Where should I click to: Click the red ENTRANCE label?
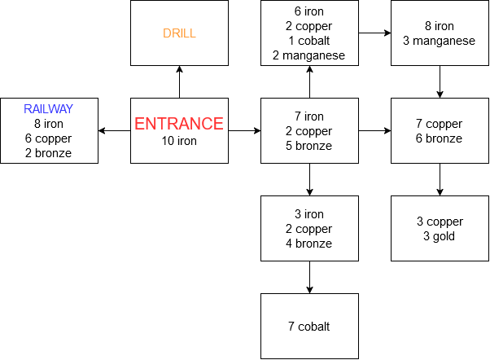[x=179, y=124]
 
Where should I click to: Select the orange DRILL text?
[x=179, y=33]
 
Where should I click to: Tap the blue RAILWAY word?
[x=49, y=109]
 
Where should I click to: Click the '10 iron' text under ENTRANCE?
[x=179, y=142]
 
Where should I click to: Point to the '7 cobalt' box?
[x=309, y=327]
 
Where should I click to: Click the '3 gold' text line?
[x=440, y=236]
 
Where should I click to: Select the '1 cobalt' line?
[x=309, y=41]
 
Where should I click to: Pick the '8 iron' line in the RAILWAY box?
[x=49, y=124]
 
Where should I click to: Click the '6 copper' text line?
[x=49, y=138]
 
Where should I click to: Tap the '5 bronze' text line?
[x=309, y=146]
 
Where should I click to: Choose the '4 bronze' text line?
[x=309, y=244]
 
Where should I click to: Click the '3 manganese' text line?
[x=440, y=41]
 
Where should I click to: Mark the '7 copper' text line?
[x=440, y=124]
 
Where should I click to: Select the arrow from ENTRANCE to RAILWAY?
[x=114, y=130]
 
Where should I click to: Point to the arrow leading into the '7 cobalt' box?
[x=309, y=277]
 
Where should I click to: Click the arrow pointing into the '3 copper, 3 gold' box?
[x=440, y=179]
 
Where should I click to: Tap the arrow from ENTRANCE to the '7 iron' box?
[x=244, y=130]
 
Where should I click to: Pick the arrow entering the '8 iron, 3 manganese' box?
[x=374, y=33]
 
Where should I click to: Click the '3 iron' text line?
[x=309, y=214]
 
